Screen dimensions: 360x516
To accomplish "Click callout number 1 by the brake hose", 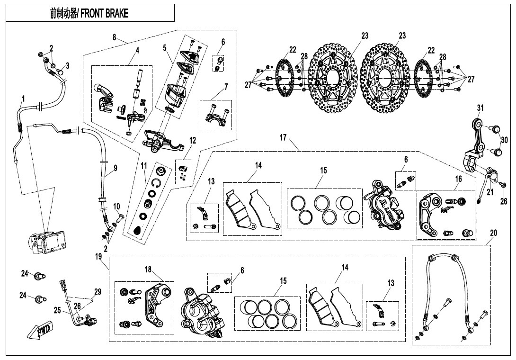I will [x=22, y=99].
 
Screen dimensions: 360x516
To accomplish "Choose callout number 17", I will [x=283, y=138].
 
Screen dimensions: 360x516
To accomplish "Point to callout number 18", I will [x=148, y=270].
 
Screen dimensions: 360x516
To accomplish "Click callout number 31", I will [x=480, y=108].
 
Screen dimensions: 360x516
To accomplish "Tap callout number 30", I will [x=504, y=140].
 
